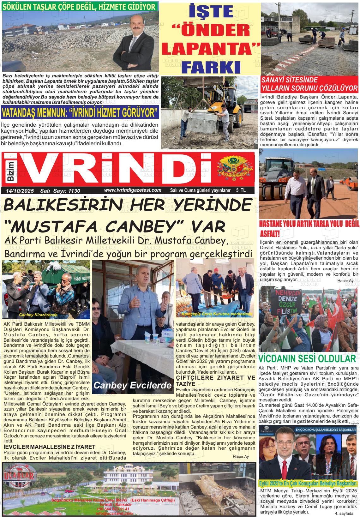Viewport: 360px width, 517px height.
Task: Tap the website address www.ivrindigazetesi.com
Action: tap(133, 190)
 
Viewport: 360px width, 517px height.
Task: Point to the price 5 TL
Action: tap(241, 190)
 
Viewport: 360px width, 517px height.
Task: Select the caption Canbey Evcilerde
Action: tap(133, 385)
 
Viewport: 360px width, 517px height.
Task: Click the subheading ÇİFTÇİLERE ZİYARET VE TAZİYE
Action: tap(215, 381)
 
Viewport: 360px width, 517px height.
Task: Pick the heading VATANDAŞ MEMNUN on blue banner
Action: tap(80, 112)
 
